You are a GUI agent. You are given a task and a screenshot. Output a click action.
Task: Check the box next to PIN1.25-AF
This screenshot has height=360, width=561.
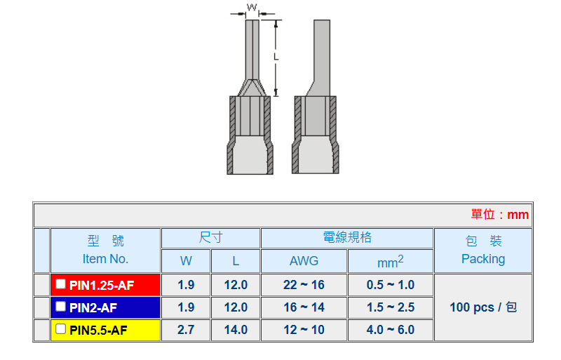[61, 284]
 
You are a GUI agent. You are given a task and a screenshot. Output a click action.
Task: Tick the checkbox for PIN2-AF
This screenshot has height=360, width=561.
[61, 307]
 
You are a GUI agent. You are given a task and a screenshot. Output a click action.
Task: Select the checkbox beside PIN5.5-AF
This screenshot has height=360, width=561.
[61, 329]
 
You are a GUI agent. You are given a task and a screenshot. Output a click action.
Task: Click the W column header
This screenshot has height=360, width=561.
[186, 261]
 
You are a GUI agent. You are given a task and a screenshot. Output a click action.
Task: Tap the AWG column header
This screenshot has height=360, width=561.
[304, 261]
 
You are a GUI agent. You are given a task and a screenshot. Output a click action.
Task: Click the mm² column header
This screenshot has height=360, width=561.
[391, 261]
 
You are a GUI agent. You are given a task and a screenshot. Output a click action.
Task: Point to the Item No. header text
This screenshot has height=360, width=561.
[105, 259]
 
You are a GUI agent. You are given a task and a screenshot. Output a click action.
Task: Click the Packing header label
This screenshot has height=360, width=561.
[483, 259]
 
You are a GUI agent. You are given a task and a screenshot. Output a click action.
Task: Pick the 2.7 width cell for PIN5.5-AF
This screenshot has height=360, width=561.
[186, 330]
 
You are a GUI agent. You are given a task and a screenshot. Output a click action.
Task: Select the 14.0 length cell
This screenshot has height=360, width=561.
[236, 330]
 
